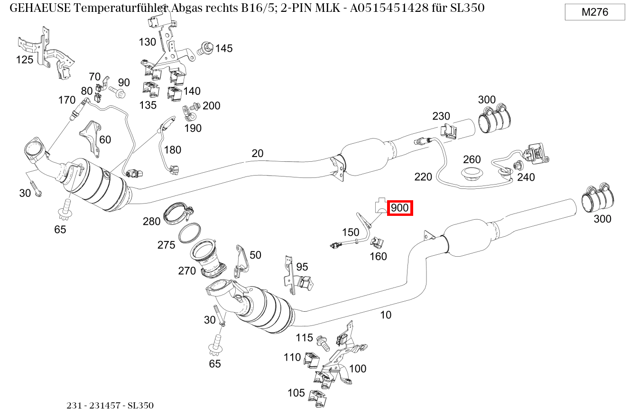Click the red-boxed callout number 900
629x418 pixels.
pos(400,208)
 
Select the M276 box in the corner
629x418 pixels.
pos(595,12)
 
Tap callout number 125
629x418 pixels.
pos(25,59)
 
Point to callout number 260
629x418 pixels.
pos(472,159)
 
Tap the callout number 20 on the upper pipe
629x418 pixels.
pos(257,153)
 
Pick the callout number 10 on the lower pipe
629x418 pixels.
pos(386,315)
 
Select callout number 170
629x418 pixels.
pos(67,100)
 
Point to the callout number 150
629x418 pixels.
pos(351,232)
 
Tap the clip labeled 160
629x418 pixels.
pos(377,242)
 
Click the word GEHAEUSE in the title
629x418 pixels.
pos(39,8)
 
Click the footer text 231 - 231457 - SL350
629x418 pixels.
pos(110,406)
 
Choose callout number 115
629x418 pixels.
pos(304,338)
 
